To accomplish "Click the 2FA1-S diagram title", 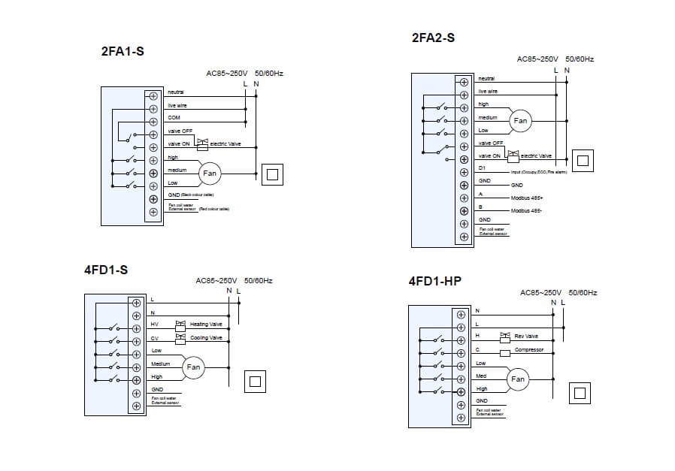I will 122,52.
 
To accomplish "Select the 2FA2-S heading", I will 433,37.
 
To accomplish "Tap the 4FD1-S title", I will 106,270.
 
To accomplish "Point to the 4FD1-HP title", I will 434,282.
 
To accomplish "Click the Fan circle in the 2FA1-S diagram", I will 210,174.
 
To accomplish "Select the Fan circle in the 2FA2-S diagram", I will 520,121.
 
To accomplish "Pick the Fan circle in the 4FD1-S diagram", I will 193,367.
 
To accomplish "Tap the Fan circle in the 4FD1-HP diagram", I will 518,379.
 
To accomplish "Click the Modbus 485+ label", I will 527,198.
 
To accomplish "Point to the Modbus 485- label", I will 526,211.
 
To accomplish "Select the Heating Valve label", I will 205,324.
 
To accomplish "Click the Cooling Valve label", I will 206,338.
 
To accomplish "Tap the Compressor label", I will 528,350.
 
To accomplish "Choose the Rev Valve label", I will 526,336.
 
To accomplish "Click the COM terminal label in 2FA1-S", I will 174,118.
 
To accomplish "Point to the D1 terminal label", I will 482,168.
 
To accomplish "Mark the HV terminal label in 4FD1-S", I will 154,324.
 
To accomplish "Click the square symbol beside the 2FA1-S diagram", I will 271,174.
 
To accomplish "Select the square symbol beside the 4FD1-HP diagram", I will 579,393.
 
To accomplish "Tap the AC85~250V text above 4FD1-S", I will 216,281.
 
